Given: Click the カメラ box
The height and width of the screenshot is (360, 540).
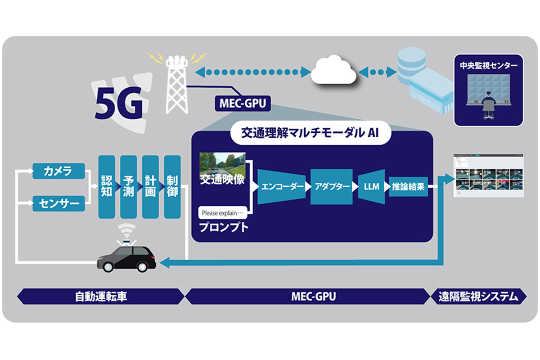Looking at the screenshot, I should click(x=59, y=171).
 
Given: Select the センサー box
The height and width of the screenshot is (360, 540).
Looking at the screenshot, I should click(x=59, y=204).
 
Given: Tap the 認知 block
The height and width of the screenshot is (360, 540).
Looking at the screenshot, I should click(x=107, y=187).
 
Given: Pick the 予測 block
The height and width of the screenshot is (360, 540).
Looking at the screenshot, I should click(x=128, y=187).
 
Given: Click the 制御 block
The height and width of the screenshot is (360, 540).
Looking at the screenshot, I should click(x=172, y=187).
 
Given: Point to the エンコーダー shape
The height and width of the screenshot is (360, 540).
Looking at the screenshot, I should click(x=283, y=187).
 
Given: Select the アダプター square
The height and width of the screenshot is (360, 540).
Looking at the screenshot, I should click(x=332, y=187).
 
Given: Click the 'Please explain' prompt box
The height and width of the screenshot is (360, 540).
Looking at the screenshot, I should click(x=223, y=212).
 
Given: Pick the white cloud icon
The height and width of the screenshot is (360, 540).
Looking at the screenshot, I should click(x=334, y=72).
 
